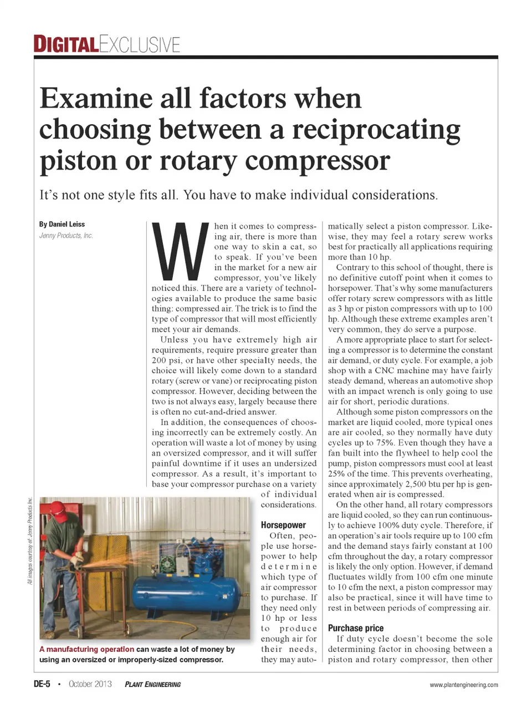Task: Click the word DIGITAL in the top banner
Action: pos(66,44)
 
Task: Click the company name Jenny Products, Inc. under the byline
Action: pos(66,236)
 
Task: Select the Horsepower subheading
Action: pos(283,525)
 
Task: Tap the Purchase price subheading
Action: pos(355,628)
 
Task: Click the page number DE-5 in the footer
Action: pos(42,684)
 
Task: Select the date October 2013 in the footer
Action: pos(90,684)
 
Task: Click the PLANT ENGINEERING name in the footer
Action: pos(153,685)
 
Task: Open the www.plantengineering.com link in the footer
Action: pos(463,685)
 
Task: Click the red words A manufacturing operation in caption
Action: pos(86,649)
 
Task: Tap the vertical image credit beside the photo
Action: pos(30,540)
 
